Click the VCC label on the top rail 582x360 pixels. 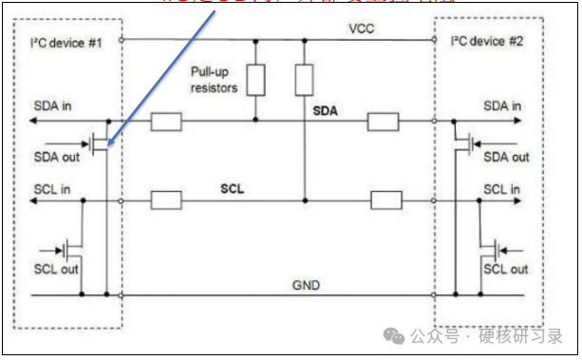pyautogui.click(x=362, y=29)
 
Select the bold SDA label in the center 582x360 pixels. pyautogui.click(x=326, y=111)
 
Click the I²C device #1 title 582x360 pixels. pyautogui.click(x=66, y=42)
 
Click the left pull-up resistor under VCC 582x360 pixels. pyautogui.click(x=254, y=80)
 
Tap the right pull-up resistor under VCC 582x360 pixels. pyautogui.click(x=304, y=80)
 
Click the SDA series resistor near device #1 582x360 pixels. pyautogui.click(x=167, y=121)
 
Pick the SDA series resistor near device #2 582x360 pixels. pyautogui.click(x=384, y=121)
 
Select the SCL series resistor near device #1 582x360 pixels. pyautogui.click(x=167, y=200)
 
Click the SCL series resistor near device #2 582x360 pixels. pyautogui.click(x=385, y=200)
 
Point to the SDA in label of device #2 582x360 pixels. pyautogui.click(x=502, y=105)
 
